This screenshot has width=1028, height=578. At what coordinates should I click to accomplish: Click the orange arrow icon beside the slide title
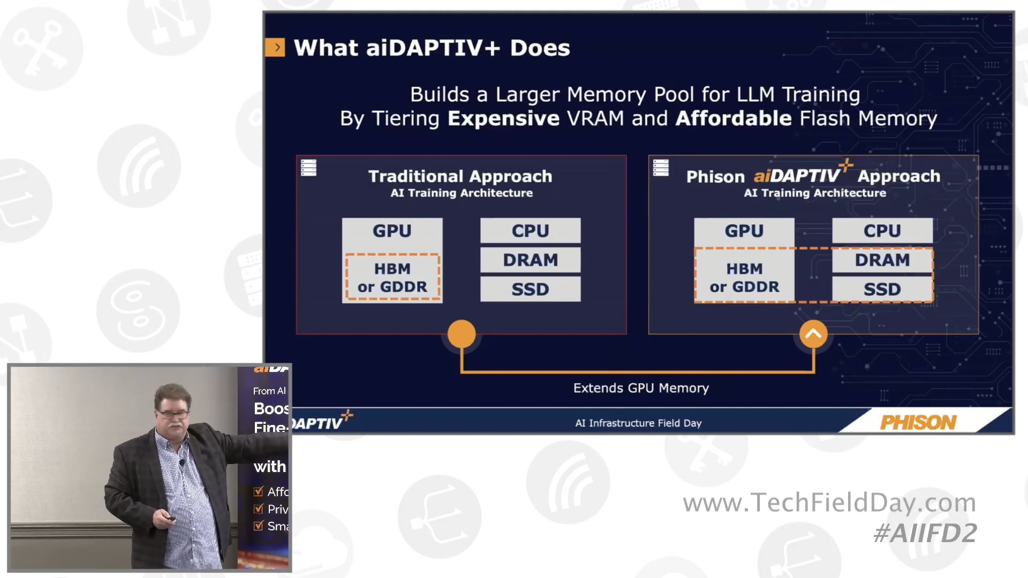point(275,48)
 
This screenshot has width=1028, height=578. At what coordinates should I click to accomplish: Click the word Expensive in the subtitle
point(503,118)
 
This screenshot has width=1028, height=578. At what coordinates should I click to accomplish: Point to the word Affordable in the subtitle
point(733,118)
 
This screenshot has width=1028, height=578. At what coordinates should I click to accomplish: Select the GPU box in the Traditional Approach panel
point(392,231)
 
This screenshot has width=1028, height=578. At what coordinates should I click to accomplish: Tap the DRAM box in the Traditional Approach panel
point(530,260)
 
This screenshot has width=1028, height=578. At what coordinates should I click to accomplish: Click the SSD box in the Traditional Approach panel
point(530,290)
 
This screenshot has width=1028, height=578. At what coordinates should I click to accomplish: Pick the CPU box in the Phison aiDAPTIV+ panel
point(882,231)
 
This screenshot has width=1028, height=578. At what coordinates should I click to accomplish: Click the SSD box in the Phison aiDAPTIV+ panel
point(882,290)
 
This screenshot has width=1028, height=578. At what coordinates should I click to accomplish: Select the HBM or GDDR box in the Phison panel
point(744,277)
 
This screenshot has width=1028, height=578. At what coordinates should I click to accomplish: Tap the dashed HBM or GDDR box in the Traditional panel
point(392,277)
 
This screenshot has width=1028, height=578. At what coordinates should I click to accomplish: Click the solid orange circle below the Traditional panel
point(461,334)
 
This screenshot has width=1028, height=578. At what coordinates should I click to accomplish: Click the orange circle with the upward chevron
point(813,334)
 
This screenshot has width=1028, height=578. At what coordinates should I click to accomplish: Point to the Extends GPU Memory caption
point(640,388)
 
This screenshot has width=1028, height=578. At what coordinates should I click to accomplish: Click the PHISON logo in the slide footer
point(918,422)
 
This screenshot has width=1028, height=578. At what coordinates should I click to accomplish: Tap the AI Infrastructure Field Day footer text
point(638,423)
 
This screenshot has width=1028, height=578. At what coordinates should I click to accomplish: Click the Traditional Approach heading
point(460,176)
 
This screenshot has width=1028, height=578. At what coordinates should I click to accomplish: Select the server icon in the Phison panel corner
point(661,168)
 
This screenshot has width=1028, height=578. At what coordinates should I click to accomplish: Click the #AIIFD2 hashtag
point(925,533)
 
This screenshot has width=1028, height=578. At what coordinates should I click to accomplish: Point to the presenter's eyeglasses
point(172,414)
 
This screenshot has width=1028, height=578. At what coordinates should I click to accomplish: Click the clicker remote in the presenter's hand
point(170,518)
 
